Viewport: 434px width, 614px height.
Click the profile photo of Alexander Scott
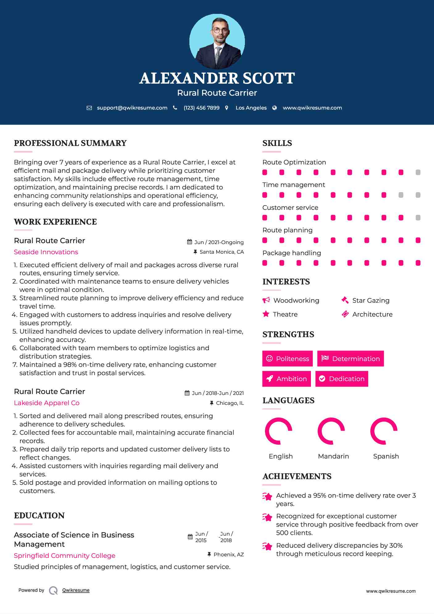(217, 41)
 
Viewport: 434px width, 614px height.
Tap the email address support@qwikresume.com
(132, 108)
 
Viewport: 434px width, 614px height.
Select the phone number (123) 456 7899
(201, 108)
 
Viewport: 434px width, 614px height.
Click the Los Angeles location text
(251, 108)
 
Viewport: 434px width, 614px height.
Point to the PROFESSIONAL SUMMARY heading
(70, 143)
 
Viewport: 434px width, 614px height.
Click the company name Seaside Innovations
(46, 252)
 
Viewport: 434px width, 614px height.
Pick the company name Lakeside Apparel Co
(47, 403)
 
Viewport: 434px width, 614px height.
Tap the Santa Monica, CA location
(221, 252)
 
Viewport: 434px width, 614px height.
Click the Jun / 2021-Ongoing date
(219, 242)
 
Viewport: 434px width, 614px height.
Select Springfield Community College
(64, 556)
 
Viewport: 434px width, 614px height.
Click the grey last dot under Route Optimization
(418, 172)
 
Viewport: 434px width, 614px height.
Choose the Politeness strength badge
(287, 359)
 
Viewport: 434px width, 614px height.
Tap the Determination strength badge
(350, 359)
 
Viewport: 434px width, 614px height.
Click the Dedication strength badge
(342, 379)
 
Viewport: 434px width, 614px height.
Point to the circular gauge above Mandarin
(331, 431)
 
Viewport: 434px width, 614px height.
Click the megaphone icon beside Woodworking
(266, 300)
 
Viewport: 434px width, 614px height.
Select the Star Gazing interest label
(371, 301)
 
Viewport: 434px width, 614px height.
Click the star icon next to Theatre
(266, 314)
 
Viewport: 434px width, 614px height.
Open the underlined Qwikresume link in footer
(76, 590)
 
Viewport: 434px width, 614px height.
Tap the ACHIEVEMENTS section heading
(297, 476)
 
